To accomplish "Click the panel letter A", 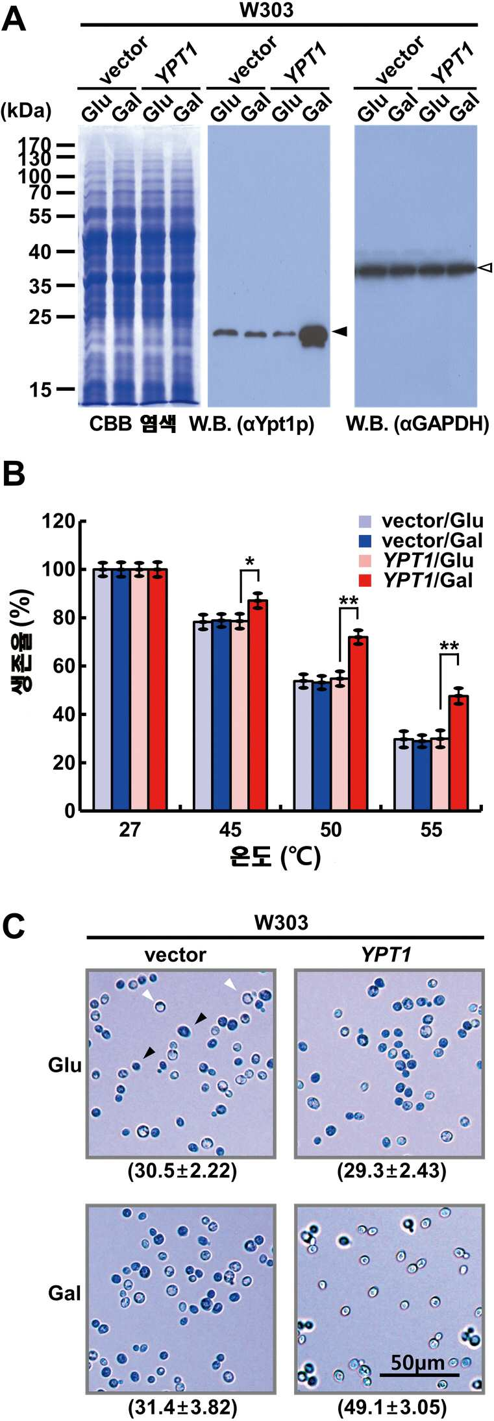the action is (14, 20).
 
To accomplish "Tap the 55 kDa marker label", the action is (40, 216).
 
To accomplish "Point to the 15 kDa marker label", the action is (40, 389).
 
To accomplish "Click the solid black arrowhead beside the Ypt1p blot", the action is (340, 332).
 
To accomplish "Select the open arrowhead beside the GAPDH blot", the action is (486, 267).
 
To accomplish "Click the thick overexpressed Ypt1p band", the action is (314, 336).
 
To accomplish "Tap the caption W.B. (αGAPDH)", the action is (417, 425).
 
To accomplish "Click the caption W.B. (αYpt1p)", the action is (251, 425).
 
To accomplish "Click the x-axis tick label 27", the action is (130, 830).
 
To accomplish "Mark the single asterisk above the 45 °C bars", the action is (249, 561).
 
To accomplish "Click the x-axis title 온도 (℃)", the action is (275, 858).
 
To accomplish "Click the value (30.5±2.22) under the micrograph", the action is (182, 1170).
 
